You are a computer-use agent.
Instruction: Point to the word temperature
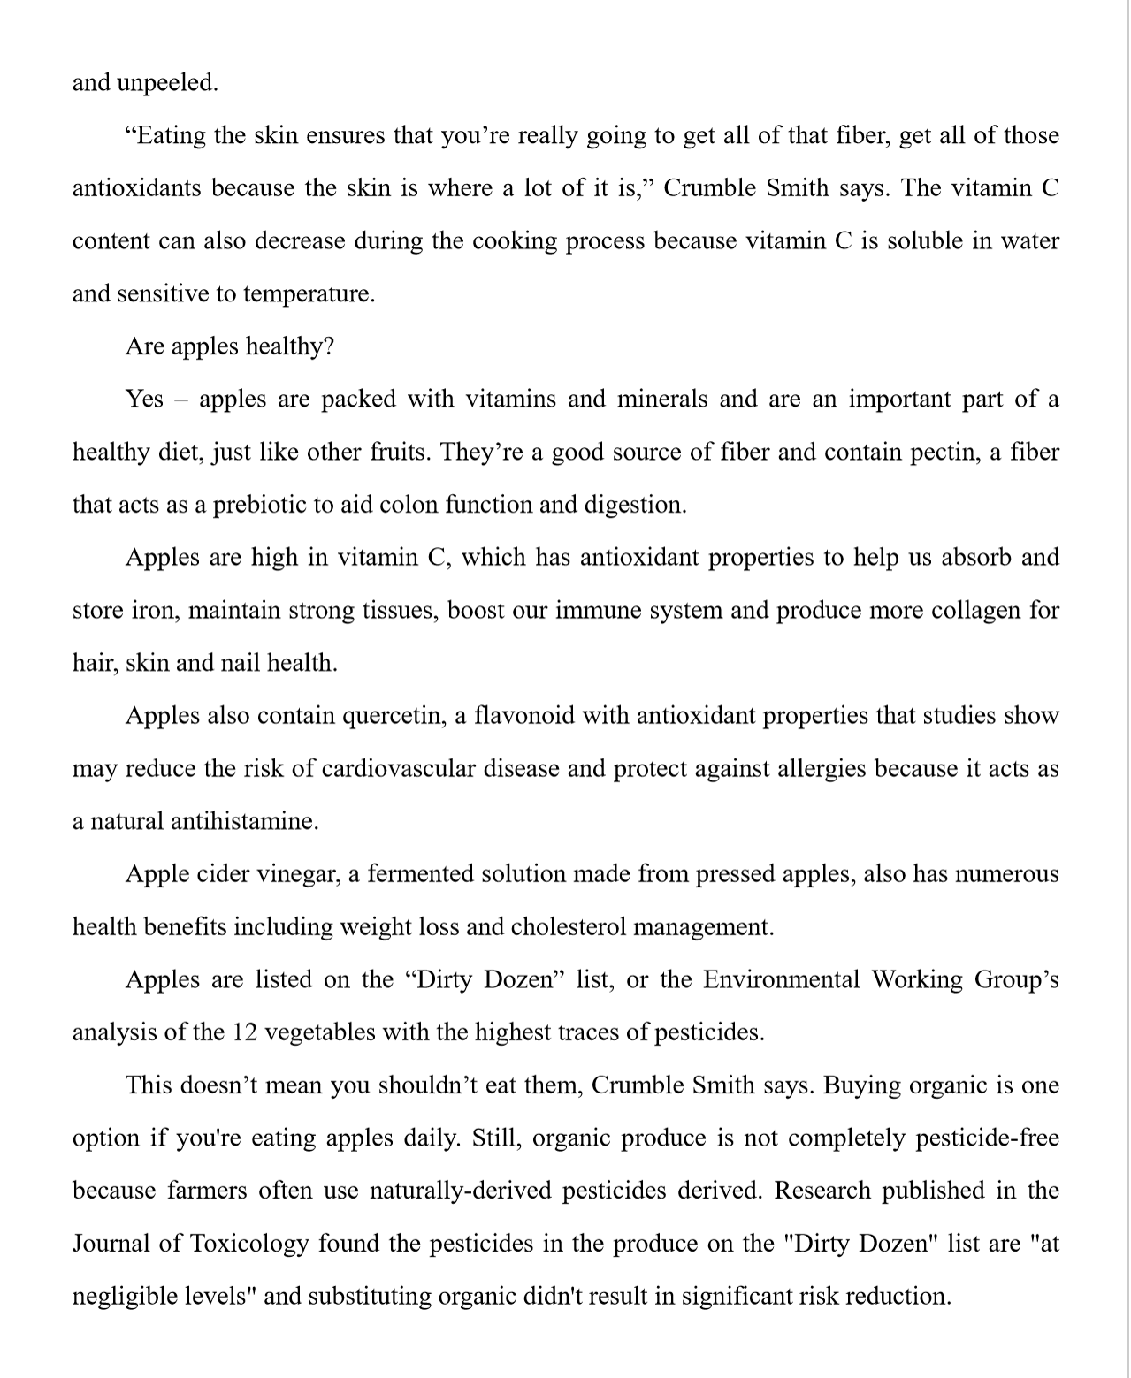tap(309, 293)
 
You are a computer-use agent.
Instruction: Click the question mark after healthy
tap(329, 346)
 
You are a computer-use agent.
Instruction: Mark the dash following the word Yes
tap(181, 400)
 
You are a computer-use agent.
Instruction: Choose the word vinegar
tap(298, 874)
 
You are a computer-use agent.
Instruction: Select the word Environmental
tap(782, 979)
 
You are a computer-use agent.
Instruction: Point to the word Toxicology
tap(248, 1244)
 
